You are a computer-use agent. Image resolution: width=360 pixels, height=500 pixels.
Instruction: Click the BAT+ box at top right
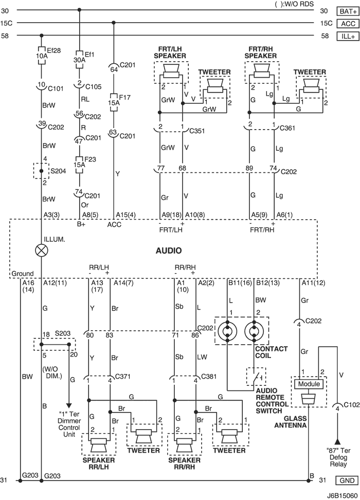click(x=348, y=11)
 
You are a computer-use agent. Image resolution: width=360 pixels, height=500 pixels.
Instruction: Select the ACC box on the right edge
click(x=348, y=24)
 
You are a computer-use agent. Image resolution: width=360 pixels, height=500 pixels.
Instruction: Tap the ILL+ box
click(x=348, y=36)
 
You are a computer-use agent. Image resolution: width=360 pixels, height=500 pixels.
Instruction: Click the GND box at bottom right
click(x=347, y=480)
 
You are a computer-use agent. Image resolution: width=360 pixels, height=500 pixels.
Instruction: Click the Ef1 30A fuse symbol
click(x=79, y=59)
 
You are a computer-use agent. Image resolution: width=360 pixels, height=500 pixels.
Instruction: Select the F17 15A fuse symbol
click(x=114, y=102)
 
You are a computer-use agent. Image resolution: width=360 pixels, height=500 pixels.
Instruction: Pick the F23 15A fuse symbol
click(x=79, y=165)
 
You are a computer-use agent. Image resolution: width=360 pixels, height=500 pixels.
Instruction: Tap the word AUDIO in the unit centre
click(x=169, y=251)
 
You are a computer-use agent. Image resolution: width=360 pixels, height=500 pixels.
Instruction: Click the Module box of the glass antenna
click(x=309, y=384)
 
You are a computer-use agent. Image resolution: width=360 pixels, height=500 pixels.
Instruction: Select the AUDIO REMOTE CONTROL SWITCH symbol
click(x=256, y=378)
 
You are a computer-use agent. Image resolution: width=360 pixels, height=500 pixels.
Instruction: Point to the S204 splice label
click(x=58, y=171)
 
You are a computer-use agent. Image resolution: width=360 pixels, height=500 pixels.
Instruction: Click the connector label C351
click(x=197, y=131)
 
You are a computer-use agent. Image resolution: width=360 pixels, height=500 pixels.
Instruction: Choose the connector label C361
click(x=287, y=128)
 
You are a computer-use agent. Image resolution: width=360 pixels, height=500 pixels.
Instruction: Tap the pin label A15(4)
click(x=125, y=215)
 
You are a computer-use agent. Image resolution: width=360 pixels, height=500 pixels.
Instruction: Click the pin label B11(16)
click(x=239, y=282)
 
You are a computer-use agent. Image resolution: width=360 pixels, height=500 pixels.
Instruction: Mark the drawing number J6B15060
click(x=343, y=496)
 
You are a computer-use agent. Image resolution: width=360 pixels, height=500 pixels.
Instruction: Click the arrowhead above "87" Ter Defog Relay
click(x=337, y=442)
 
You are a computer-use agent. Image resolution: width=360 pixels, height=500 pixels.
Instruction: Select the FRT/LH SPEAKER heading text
click(x=170, y=52)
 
